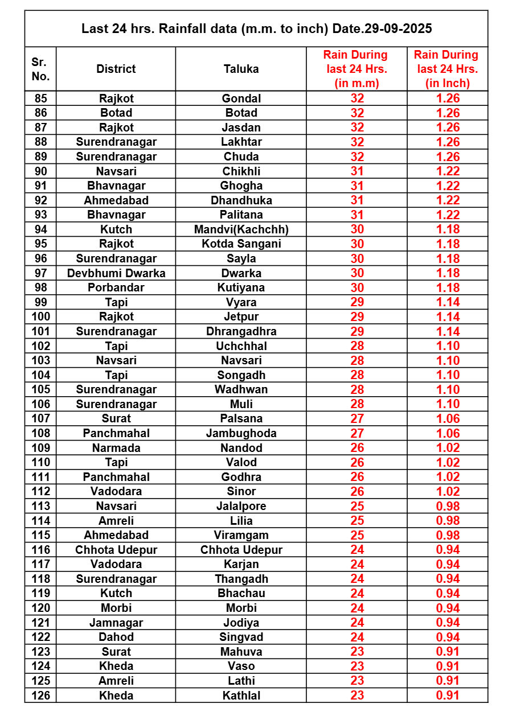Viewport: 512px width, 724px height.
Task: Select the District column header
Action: [x=116, y=69]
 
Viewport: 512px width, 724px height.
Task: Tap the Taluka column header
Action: [x=241, y=69]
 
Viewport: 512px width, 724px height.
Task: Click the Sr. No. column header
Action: [x=40, y=69]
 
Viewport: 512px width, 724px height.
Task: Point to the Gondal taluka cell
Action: [x=241, y=98]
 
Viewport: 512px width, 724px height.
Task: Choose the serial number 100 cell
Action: [x=40, y=316]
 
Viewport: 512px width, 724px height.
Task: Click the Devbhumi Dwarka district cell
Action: [x=116, y=273]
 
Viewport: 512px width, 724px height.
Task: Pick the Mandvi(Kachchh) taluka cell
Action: [x=241, y=229]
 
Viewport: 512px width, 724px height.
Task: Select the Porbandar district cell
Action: [x=116, y=287]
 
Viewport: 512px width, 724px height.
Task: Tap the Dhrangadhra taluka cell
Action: [x=241, y=331]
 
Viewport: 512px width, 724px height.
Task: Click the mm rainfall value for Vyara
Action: [x=357, y=302]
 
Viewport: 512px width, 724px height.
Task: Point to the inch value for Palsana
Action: [x=448, y=419]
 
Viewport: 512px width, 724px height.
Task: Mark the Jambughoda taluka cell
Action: [x=241, y=433]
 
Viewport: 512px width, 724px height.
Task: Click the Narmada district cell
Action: [x=116, y=448]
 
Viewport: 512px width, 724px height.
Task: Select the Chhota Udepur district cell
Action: [x=116, y=550]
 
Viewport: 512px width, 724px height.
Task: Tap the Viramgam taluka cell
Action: [x=241, y=535]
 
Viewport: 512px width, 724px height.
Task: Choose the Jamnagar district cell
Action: [x=116, y=623]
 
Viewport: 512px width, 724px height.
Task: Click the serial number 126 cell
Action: [x=40, y=696]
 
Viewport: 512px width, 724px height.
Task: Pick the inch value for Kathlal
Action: [x=448, y=696]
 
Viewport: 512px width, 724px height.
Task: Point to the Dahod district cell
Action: [x=116, y=637]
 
